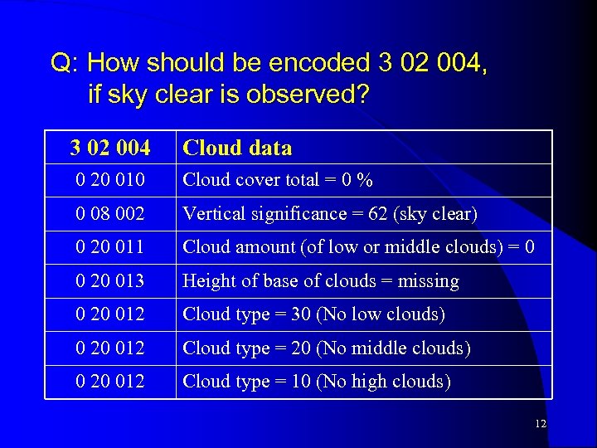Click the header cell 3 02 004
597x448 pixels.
(110, 149)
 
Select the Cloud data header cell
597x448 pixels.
(237, 149)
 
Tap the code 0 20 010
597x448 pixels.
(109, 180)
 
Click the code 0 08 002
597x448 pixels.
(109, 214)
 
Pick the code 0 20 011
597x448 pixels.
(109, 247)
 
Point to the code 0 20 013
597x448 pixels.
(109, 281)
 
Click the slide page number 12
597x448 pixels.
(541, 424)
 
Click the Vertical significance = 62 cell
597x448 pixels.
(329, 214)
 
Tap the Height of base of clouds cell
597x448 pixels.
(320, 281)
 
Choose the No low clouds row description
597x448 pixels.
(313, 314)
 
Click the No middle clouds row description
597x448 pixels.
(326, 348)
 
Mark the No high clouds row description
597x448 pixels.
(316, 382)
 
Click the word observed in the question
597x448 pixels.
(308, 95)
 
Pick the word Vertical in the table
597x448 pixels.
(214, 214)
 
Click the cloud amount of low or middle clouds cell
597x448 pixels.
(358, 247)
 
